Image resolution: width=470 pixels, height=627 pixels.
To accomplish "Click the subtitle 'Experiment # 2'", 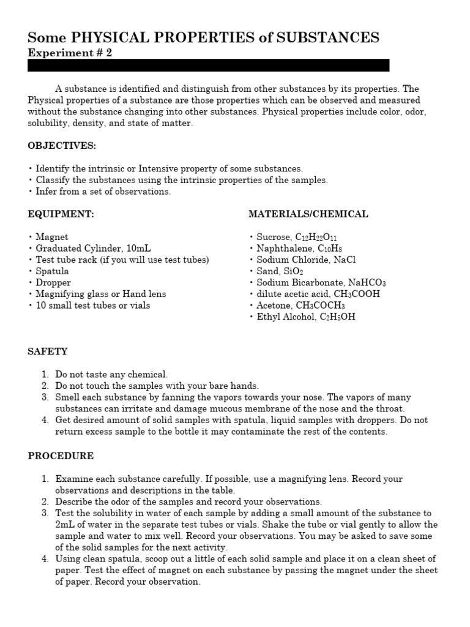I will (x=70, y=53).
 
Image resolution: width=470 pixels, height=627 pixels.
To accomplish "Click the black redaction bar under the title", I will (x=208, y=66).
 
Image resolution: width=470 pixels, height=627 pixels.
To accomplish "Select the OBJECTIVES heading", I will (x=62, y=146).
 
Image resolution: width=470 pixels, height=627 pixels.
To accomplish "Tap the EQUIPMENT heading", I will (x=61, y=214).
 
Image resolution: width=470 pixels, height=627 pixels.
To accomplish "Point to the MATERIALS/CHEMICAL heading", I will (x=308, y=214).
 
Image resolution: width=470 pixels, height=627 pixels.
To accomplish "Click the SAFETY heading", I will (x=48, y=351).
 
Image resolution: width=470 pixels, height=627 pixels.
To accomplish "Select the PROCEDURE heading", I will (x=61, y=456).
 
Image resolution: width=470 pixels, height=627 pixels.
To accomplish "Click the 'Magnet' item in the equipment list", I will (x=52, y=237).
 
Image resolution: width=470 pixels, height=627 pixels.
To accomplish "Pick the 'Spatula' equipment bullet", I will (x=52, y=271).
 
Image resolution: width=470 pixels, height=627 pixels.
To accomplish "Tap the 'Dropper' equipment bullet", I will (x=53, y=283).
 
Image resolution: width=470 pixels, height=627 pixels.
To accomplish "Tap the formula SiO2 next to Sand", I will (x=294, y=271).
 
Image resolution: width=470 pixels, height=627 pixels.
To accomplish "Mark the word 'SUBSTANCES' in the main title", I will (x=328, y=37).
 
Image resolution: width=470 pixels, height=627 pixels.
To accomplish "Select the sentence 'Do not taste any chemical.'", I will (x=111, y=374).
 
